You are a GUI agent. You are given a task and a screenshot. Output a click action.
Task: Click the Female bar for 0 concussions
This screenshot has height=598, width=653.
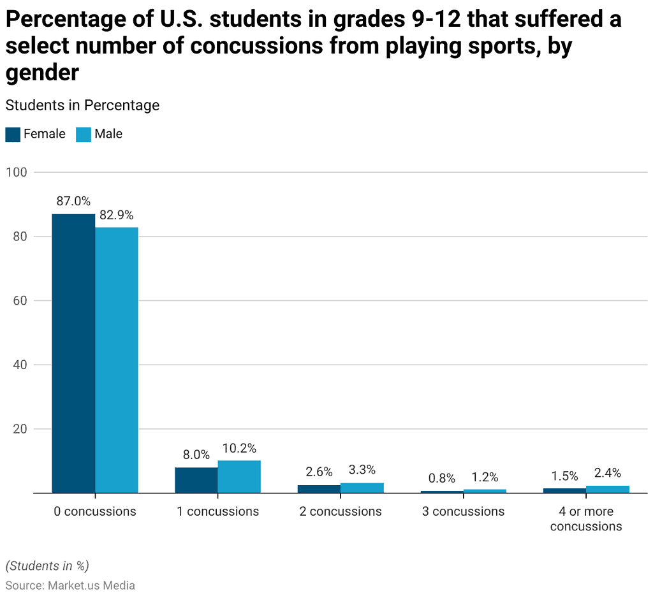[x=73, y=353]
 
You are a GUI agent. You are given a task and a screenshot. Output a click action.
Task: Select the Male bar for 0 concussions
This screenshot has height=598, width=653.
[x=117, y=360]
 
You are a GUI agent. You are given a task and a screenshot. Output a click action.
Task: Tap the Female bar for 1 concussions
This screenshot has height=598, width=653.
[x=196, y=480]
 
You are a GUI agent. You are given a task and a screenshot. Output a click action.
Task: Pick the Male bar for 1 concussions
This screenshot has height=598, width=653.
[x=239, y=477]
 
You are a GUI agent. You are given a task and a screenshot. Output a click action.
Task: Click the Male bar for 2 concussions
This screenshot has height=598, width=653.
[x=362, y=488]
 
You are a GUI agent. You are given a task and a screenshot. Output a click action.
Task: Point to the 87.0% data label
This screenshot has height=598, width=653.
[x=73, y=201]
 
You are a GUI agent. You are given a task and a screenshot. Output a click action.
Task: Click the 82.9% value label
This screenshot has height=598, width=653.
[x=117, y=215]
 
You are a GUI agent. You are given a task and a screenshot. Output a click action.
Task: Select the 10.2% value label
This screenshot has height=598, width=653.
[x=239, y=449]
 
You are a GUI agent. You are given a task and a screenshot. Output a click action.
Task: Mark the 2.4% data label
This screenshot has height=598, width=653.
[x=608, y=473]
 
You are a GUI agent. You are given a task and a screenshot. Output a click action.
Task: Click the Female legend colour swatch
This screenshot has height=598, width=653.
[x=13, y=135]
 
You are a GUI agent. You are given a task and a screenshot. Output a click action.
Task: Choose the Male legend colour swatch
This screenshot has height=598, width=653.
[x=84, y=135]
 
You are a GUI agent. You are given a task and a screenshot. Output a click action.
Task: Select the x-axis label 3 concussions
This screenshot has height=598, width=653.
[x=463, y=511]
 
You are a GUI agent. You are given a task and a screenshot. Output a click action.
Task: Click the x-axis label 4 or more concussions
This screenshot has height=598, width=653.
[x=586, y=519]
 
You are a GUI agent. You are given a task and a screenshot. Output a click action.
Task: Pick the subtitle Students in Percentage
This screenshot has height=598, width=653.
[x=82, y=105]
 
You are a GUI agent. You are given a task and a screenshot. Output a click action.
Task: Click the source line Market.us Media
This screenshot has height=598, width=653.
[x=70, y=585]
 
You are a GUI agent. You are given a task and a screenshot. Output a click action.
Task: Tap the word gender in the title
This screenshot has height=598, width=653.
[x=42, y=73]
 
